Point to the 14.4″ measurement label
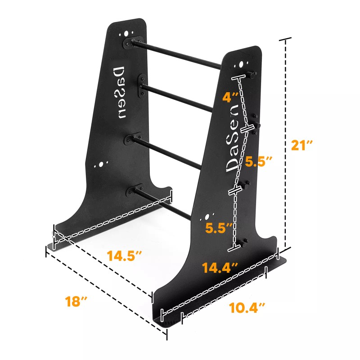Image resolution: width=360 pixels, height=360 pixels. tap(220, 268)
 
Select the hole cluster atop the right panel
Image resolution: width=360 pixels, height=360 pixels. tap(242, 64)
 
